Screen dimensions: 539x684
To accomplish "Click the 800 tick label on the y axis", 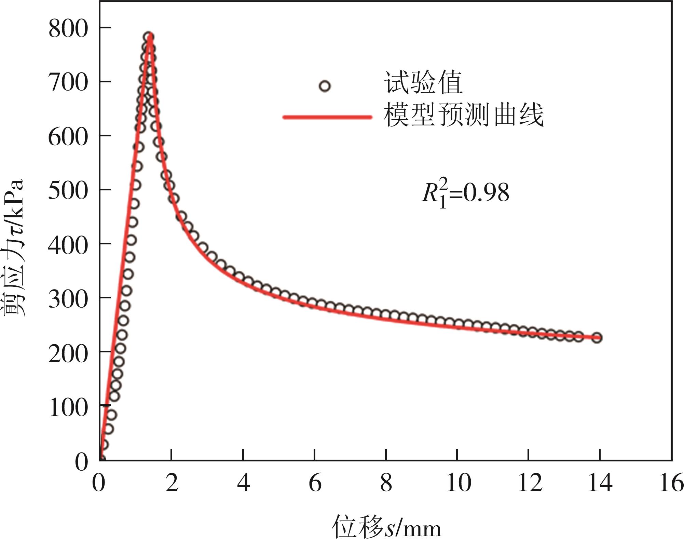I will pyautogui.click(x=68, y=28).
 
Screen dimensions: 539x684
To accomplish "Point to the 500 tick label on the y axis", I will pyautogui.click(x=68, y=190).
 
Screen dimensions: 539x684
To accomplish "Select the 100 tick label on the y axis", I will pyautogui.click(x=68, y=407).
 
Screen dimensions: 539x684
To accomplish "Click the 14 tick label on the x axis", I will pyautogui.click(x=600, y=483).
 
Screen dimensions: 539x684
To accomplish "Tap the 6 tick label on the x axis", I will pyautogui.click(x=315, y=483).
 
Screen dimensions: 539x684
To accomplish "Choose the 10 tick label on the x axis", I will pyautogui.click(x=458, y=483).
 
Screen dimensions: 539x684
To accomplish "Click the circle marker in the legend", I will pyautogui.click(x=325, y=86).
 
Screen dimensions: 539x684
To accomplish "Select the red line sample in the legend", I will pyautogui.click(x=327, y=117).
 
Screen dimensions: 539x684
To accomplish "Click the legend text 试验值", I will pyautogui.click(x=423, y=83).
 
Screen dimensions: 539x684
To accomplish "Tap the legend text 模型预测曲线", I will pyautogui.click(x=463, y=115).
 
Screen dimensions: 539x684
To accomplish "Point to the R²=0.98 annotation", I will pyautogui.click(x=465, y=193).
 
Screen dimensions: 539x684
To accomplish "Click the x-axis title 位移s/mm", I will pyautogui.click(x=386, y=527).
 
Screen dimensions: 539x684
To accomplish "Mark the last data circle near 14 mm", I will pyautogui.click(x=597, y=338).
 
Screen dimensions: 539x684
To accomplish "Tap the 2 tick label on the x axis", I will pyautogui.click(x=172, y=483).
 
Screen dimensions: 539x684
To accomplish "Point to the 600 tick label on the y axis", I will pyautogui.click(x=68, y=137).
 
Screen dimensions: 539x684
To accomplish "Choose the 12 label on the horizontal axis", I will pyautogui.click(x=530, y=483).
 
